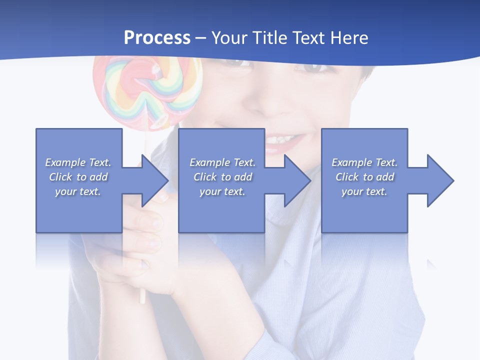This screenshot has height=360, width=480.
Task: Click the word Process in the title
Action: click(x=157, y=38)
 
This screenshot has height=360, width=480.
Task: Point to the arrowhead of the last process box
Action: click(x=439, y=180)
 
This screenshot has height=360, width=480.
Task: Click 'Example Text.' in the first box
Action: click(x=78, y=162)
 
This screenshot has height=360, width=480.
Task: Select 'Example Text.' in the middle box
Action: click(x=222, y=162)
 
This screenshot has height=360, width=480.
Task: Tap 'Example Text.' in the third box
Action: click(x=364, y=162)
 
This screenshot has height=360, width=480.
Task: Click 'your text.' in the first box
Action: click(x=78, y=191)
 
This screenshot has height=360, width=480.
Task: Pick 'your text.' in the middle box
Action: click(x=222, y=191)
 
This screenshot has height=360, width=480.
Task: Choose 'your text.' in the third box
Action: click(x=364, y=191)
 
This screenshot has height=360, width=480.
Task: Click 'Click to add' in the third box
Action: click(x=364, y=177)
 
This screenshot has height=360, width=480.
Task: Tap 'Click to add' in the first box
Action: click(x=78, y=177)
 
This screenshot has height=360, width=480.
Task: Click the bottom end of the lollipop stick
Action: click(x=142, y=300)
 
